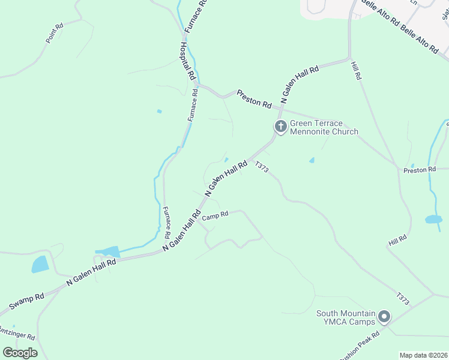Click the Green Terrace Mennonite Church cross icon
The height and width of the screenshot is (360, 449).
click(280, 127)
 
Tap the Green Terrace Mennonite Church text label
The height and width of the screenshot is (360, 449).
click(324, 127)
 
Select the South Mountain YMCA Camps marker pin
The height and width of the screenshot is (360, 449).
click(384, 316)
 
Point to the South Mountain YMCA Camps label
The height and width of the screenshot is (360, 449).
click(346, 318)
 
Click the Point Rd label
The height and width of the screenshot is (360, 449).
click(55, 33)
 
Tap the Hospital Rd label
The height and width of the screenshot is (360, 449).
click(188, 60)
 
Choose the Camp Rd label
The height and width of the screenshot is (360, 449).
click(215, 215)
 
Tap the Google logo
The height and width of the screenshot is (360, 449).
click(20, 353)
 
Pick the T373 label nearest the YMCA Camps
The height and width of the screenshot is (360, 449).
click(402, 298)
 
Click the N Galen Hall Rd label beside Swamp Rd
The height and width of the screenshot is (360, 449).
click(91, 273)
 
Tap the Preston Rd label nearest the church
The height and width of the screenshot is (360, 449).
click(254, 99)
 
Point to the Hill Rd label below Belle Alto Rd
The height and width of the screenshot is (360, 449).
click(357, 71)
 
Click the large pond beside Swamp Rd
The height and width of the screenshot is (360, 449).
click(40, 264)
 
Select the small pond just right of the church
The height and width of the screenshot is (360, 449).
click(312, 160)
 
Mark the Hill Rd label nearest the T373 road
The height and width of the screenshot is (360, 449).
click(397, 241)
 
